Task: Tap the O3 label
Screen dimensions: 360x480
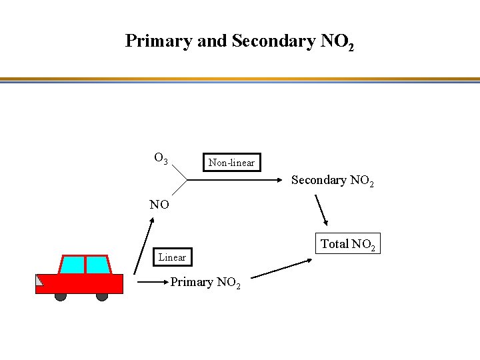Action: pos(161,159)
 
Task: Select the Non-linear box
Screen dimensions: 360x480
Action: pos(231,162)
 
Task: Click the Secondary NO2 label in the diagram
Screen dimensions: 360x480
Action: pos(332,181)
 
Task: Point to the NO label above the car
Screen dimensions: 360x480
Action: pos(159,205)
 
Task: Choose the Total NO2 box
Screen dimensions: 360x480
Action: pos(349,244)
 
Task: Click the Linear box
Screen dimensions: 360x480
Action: pos(172,257)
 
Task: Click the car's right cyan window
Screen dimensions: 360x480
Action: pos(97,265)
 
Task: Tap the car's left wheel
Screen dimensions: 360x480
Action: pos(61,296)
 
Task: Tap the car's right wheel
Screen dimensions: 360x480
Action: pos(102,296)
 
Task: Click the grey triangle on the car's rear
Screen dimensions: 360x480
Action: pos(39,281)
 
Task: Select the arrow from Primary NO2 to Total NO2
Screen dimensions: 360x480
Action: pos(283,268)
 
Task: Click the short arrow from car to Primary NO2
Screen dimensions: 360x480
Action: pos(152,283)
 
